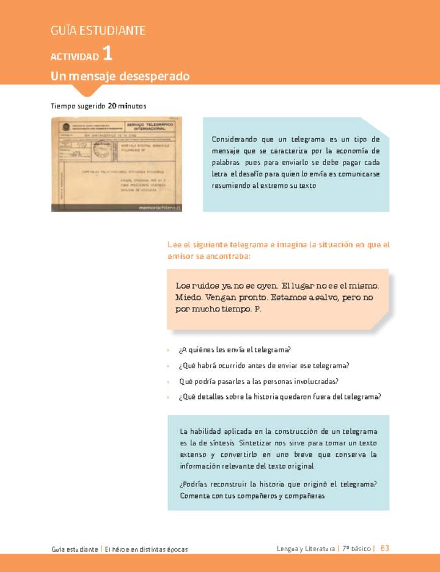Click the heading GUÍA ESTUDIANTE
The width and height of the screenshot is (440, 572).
(x=98, y=30)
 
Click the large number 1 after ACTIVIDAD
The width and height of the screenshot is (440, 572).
(x=108, y=54)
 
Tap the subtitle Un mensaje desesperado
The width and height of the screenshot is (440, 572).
(x=120, y=76)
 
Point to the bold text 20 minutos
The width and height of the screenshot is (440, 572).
(x=127, y=106)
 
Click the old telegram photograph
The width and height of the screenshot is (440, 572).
(x=116, y=164)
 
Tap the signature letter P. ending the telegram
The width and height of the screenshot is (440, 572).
(x=257, y=309)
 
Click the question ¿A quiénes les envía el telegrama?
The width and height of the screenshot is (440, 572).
(x=235, y=349)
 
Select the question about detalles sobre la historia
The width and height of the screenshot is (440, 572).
(x=280, y=396)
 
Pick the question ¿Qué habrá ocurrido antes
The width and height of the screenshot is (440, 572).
(x=263, y=365)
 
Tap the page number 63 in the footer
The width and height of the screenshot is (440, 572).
(x=384, y=548)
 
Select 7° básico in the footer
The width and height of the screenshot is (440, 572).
(x=358, y=548)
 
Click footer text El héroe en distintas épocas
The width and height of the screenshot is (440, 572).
(x=147, y=549)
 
